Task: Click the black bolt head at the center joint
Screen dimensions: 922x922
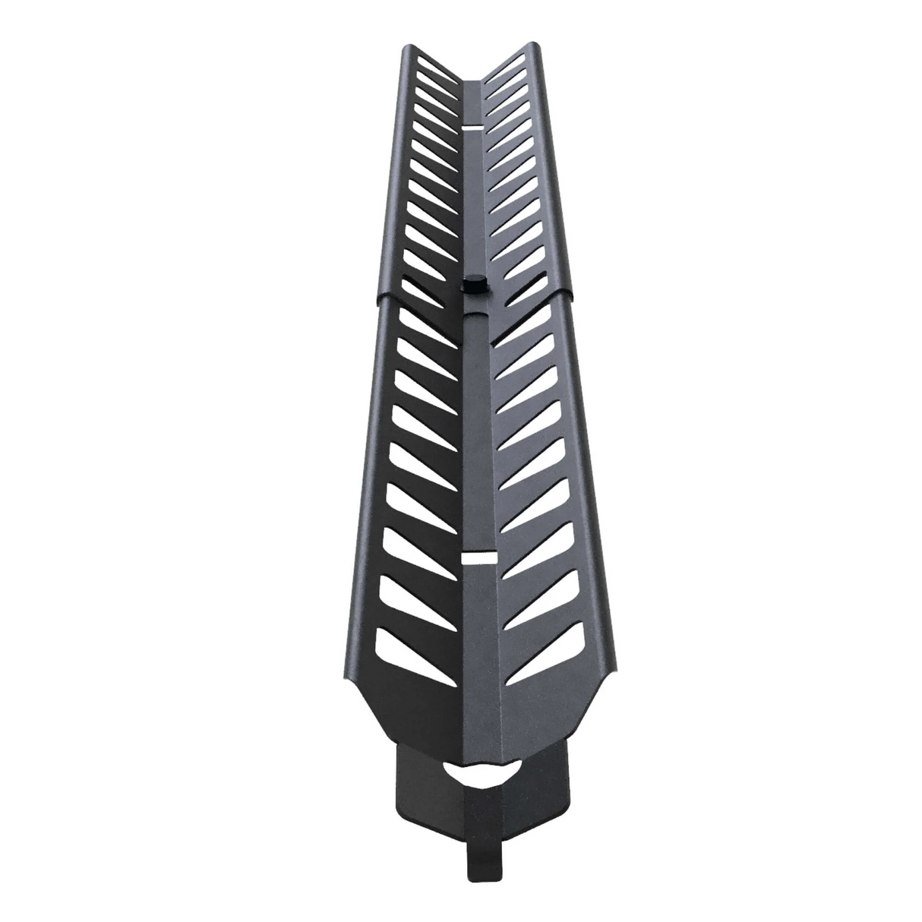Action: (x=472, y=286)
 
